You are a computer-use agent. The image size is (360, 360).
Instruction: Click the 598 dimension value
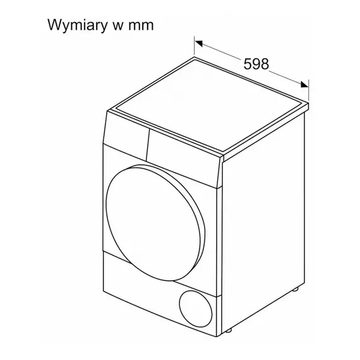[256, 64]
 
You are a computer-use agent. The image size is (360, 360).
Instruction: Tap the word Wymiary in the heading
[78, 25]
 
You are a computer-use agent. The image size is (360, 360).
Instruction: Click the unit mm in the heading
[141, 26]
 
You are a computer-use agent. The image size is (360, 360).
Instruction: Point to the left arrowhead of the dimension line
[198, 43]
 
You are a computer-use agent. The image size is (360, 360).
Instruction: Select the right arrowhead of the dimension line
[304, 85]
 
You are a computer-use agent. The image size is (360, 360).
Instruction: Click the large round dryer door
[155, 222]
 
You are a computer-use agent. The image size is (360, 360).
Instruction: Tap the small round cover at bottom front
[196, 309]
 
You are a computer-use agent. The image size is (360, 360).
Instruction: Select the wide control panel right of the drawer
[184, 159]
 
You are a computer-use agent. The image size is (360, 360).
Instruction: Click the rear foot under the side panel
[295, 289]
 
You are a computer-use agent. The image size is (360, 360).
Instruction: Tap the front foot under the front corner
[229, 330]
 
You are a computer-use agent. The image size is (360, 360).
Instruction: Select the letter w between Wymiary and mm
[118, 26]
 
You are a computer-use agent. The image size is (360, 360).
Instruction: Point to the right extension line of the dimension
[309, 90]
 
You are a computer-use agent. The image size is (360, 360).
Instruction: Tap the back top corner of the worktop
[195, 57]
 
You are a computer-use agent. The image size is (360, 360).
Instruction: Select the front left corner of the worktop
[107, 112]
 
